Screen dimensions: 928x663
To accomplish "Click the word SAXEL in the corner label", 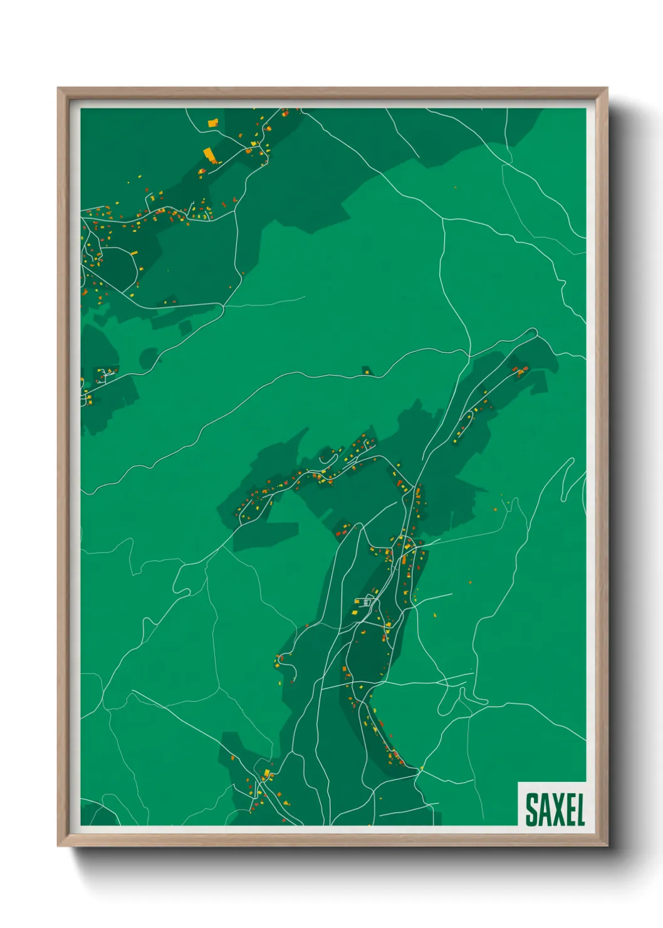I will tap(555, 809).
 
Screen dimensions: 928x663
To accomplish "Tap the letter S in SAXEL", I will tap(531, 809).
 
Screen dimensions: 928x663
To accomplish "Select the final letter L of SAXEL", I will tap(580, 809).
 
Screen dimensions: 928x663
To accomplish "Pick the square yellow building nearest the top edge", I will tap(212, 122).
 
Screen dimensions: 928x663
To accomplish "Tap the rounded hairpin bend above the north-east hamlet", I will tap(533, 332).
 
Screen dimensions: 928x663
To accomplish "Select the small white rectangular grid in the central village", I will tap(367, 603).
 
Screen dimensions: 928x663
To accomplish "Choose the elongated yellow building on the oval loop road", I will tap(133, 253).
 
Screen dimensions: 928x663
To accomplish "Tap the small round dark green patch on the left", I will tap(149, 358).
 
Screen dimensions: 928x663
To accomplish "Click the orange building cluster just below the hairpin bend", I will tap(520, 372).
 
